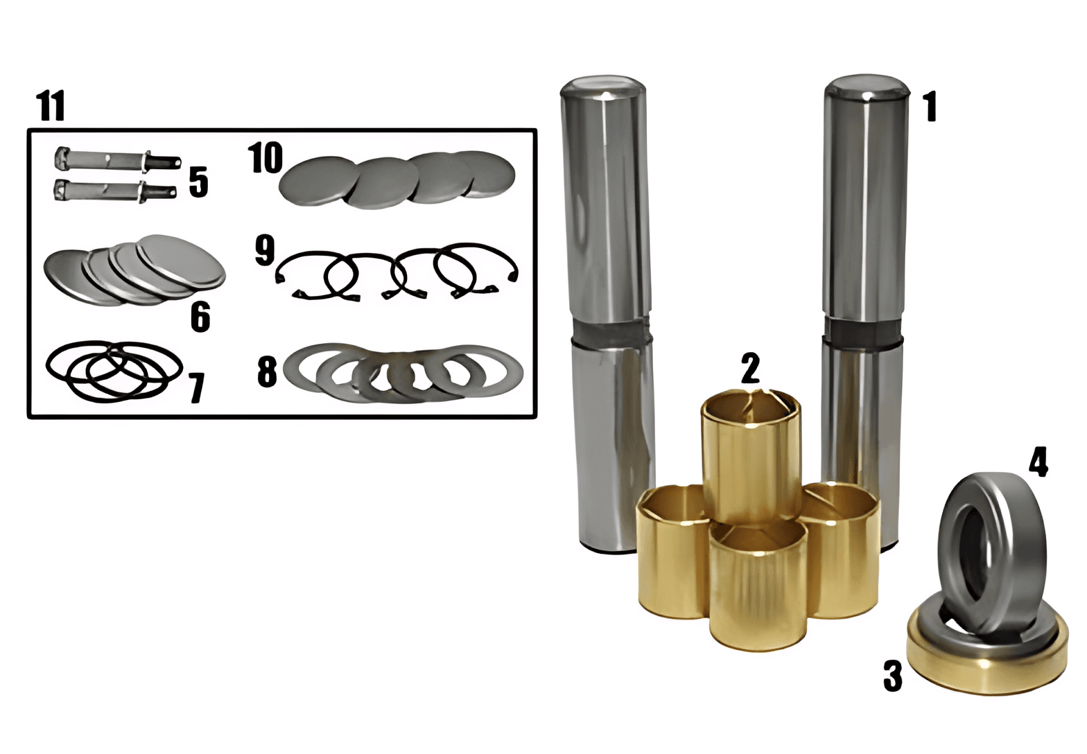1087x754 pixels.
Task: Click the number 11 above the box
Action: pos(51,105)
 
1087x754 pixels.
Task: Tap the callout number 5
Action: pos(198,182)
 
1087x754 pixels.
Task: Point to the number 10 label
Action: pos(265,158)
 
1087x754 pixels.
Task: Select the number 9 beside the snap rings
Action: pos(265,250)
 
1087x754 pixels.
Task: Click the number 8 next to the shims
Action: pos(267,371)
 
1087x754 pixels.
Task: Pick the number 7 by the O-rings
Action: pos(197,388)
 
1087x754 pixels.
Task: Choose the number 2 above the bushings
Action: pos(750,368)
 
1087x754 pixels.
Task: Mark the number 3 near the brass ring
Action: pos(893,676)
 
